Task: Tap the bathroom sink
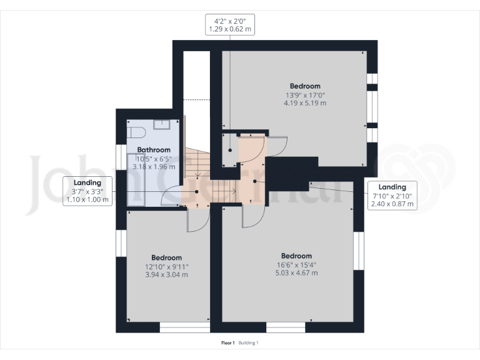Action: (x=162, y=124)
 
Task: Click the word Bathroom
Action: (x=154, y=150)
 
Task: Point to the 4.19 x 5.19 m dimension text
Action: (x=305, y=103)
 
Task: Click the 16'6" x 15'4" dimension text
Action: (x=296, y=264)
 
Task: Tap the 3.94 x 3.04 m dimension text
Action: (x=166, y=274)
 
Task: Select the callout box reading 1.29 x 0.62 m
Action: (x=229, y=24)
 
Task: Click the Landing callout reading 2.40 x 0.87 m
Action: (x=392, y=195)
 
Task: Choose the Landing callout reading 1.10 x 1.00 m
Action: (x=87, y=191)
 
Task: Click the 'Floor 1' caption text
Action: (x=228, y=342)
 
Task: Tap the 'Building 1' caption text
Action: (x=249, y=342)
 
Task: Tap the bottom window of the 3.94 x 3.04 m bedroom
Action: (x=185, y=327)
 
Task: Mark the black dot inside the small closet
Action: (x=230, y=151)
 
